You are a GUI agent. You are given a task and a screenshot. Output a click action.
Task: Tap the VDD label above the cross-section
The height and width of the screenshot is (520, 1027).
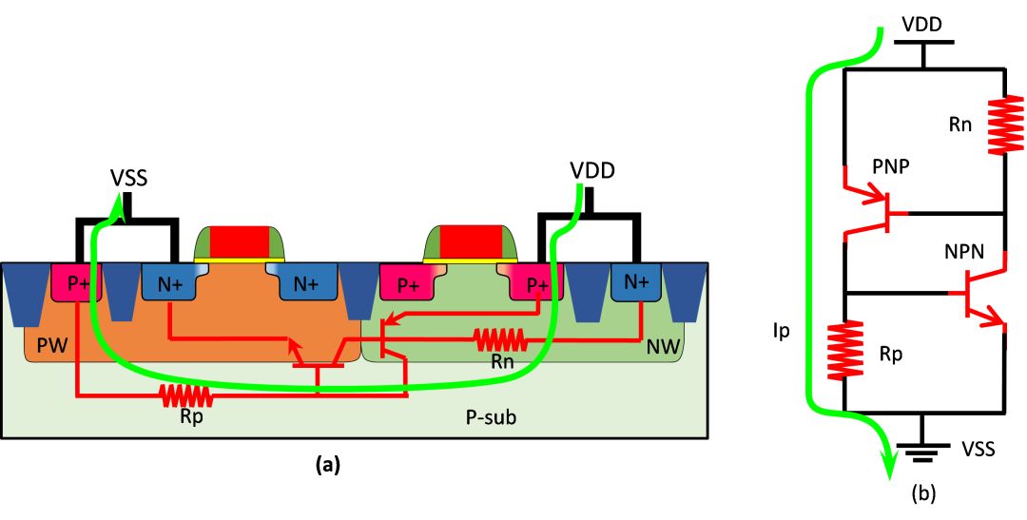point(591,171)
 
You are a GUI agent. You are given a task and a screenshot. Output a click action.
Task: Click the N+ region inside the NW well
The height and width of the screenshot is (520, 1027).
point(638,282)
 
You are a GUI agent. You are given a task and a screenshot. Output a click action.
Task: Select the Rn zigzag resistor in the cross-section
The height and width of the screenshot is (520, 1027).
point(499,337)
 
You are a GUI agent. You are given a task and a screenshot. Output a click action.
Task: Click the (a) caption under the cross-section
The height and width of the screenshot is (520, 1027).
point(326,465)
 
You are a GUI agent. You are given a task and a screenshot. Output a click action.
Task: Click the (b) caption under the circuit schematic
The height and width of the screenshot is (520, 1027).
point(925,493)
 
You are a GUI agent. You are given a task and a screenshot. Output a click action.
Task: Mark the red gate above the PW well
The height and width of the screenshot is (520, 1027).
point(239,241)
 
